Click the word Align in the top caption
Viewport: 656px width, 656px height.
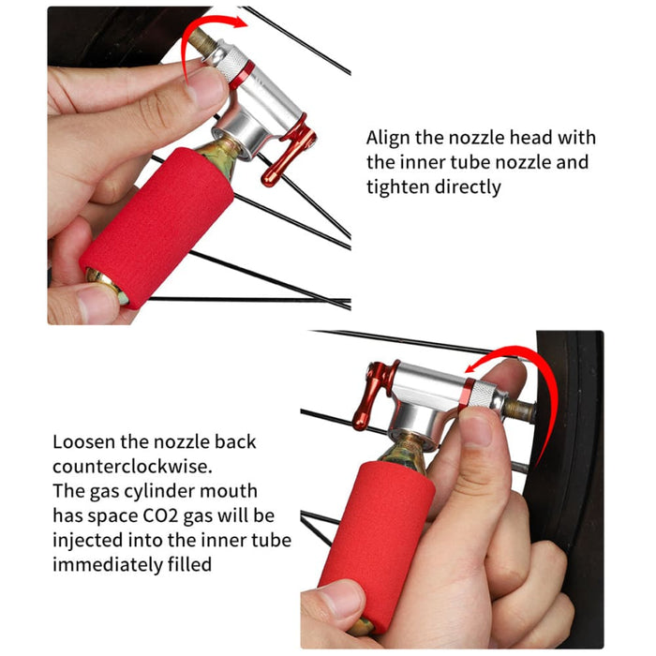click(388, 139)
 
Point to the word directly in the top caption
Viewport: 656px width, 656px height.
click(469, 187)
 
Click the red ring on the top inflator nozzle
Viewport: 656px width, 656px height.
click(243, 68)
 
